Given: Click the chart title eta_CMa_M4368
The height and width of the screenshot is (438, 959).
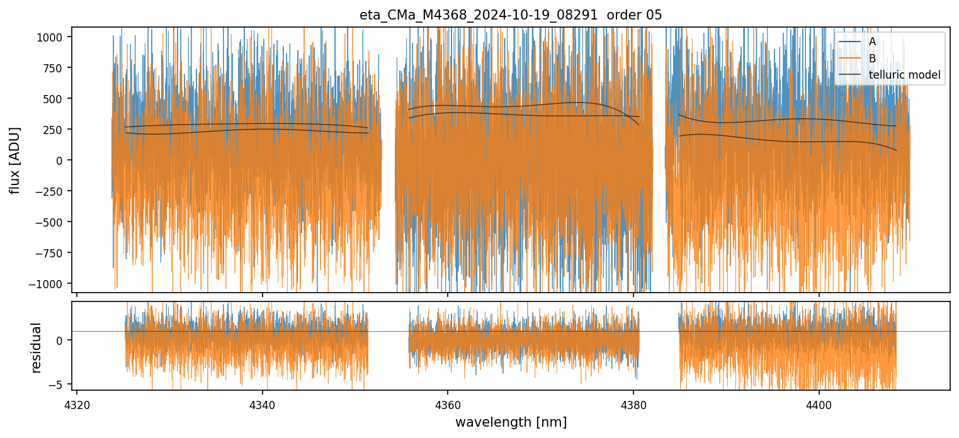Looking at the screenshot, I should (x=511, y=15).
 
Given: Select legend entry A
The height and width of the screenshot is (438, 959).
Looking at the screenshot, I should (x=872, y=42).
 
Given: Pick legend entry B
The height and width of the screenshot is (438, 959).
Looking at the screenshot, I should (x=872, y=59).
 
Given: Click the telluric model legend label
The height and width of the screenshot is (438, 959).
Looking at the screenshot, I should (x=904, y=76).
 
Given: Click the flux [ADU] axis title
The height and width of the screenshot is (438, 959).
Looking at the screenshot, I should (x=14, y=160).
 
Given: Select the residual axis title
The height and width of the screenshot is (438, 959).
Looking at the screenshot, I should (x=36, y=347).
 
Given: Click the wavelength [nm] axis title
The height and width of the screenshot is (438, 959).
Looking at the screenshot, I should (x=511, y=422).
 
